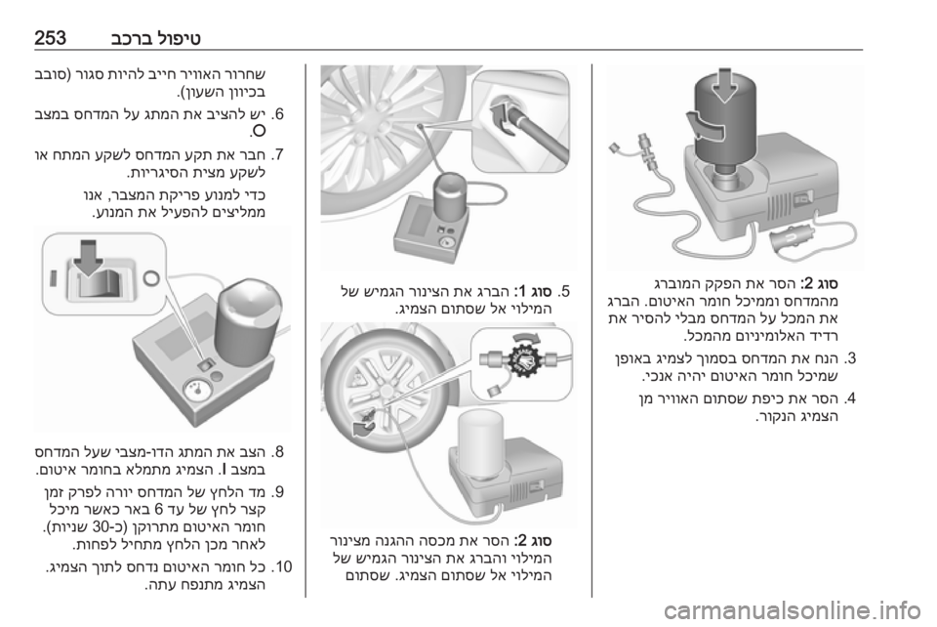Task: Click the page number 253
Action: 50,38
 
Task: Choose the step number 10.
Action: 281,565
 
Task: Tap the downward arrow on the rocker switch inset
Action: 88,258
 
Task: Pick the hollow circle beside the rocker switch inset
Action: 150,276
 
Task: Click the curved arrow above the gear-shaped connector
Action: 526,337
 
